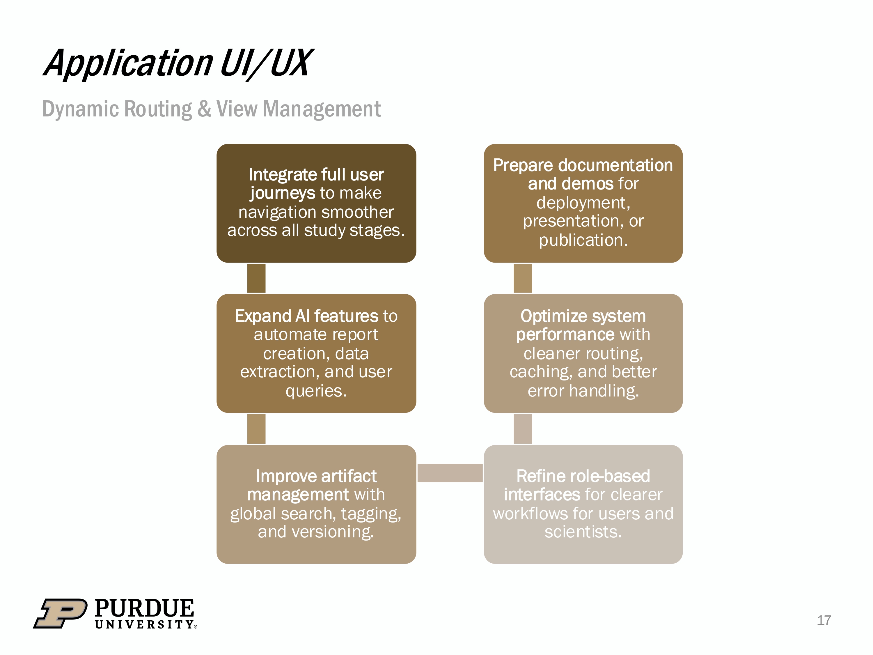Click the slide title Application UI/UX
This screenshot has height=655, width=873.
[x=178, y=63]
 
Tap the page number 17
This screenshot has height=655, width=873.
[x=823, y=620]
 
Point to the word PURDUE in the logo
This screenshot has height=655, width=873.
[x=144, y=608]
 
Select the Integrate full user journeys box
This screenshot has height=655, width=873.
[x=316, y=203]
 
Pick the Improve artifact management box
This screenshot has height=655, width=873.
[x=316, y=504]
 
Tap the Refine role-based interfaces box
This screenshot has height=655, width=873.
[x=583, y=504]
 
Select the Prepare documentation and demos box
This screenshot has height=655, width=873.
[x=583, y=203]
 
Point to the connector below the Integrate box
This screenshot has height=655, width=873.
[x=256, y=278]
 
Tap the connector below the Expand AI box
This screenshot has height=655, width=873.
[x=256, y=429]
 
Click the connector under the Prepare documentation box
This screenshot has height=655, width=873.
[x=523, y=278]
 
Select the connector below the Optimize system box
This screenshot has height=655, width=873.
[x=523, y=429]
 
